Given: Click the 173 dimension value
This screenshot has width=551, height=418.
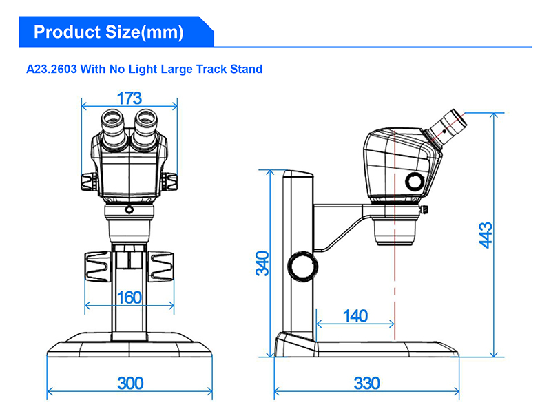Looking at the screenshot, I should click(129, 98).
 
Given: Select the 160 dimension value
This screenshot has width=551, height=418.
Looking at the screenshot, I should click(129, 298).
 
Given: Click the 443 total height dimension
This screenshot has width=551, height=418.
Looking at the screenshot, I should click(486, 235).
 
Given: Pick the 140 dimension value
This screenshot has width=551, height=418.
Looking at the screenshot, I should click(355, 316).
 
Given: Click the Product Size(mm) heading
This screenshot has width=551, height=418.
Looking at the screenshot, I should click(109, 32).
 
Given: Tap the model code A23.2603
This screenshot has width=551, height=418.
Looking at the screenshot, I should click(54, 69).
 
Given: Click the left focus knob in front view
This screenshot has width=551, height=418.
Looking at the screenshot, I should click(96, 267).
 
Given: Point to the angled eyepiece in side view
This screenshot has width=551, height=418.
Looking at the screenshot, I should click(448, 127).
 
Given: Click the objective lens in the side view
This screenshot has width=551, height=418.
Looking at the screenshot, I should click(395, 231).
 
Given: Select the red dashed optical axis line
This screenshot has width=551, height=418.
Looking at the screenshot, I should click(395, 289).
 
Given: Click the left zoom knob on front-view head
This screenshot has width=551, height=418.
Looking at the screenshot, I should click(87, 182).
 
